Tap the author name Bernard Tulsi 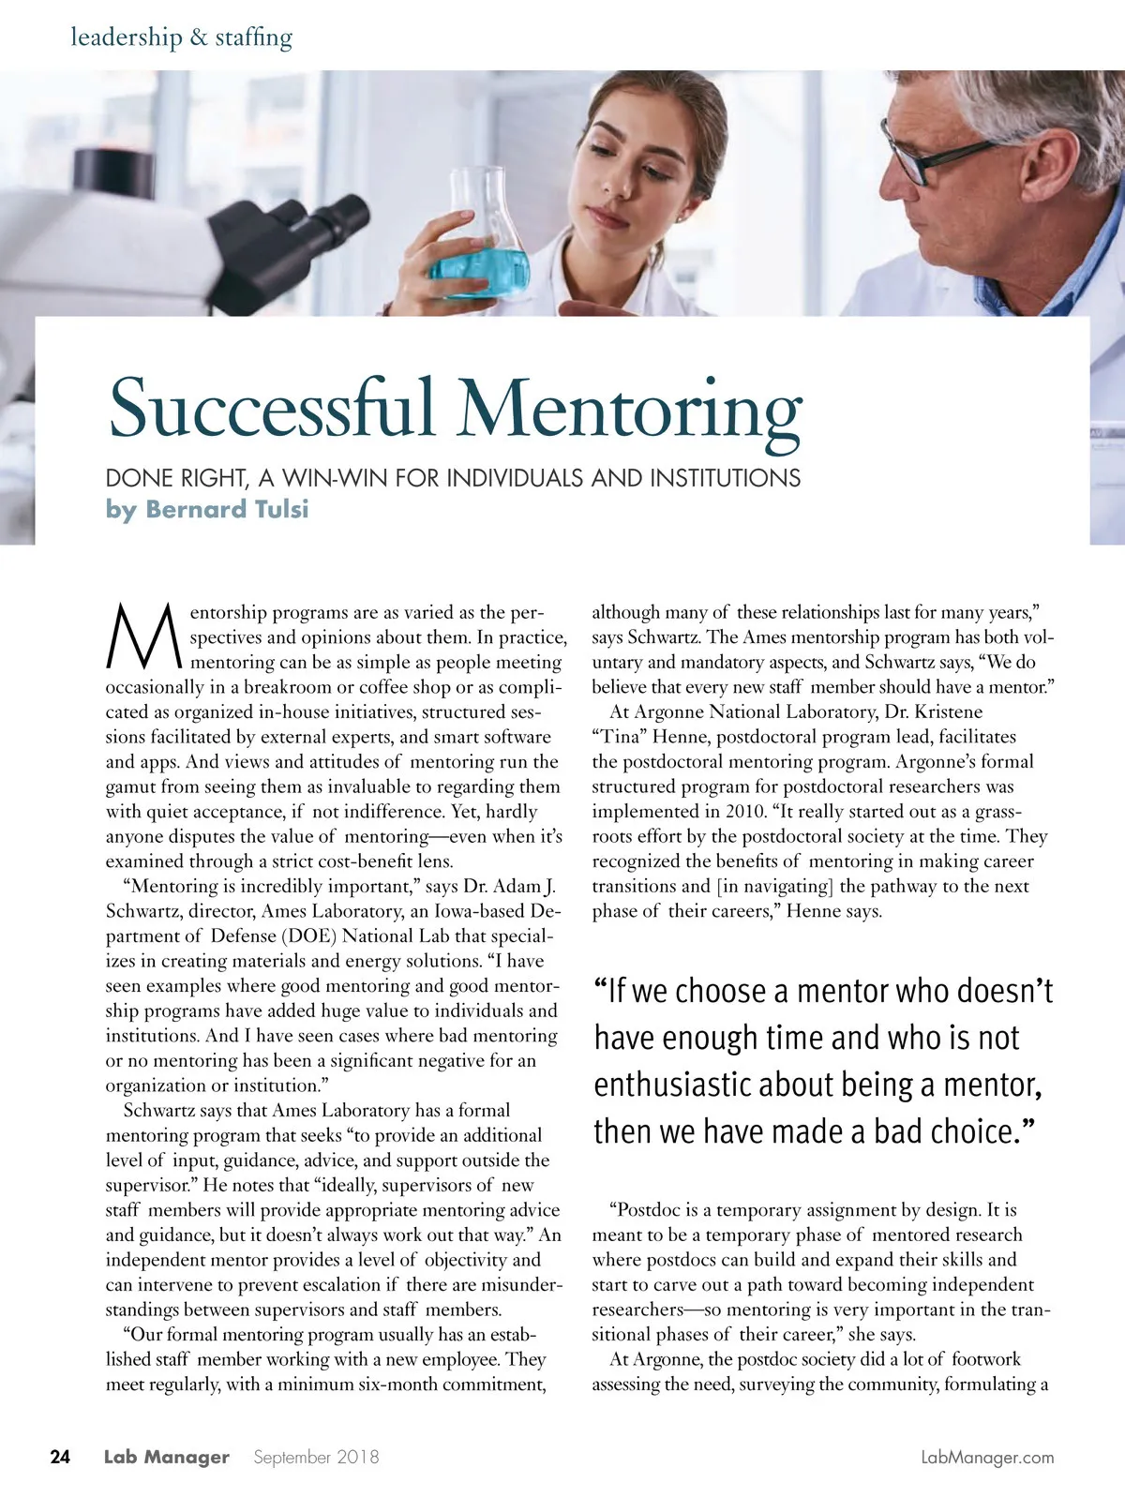(226, 509)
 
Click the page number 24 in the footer (60, 1457)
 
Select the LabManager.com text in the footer (987, 1458)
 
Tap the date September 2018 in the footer (316, 1457)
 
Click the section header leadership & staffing (182, 37)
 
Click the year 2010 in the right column (743, 812)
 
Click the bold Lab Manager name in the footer (166, 1457)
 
